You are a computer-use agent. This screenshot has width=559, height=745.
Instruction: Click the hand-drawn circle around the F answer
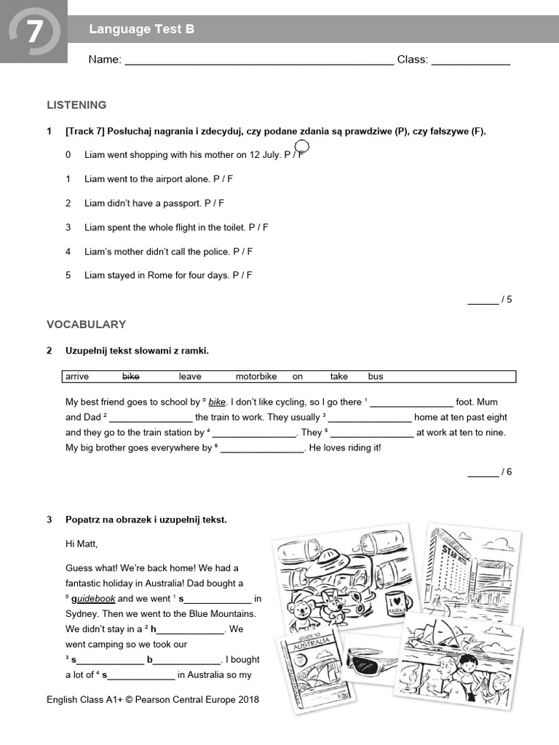click(301, 148)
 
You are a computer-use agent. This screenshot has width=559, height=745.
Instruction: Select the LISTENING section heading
click(76, 105)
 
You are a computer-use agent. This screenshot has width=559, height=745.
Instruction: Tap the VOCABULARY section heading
click(86, 324)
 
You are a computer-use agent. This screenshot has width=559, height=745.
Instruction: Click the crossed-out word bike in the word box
click(130, 377)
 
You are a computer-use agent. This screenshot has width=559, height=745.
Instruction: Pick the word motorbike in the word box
click(256, 377)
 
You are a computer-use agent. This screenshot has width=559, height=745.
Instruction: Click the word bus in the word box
click(375, 377)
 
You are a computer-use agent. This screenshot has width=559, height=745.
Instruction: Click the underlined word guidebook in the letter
click(90, 599)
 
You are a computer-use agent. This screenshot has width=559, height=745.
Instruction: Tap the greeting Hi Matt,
click(82, 543)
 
